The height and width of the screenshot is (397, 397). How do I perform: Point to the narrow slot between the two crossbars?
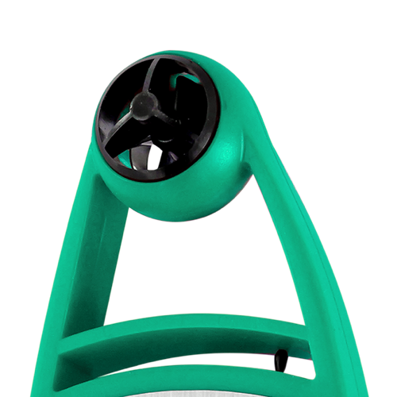point(183,356)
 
